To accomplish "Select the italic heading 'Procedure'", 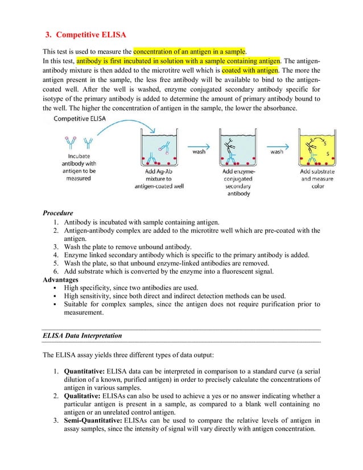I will pos(57,213).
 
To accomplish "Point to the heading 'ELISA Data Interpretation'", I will pos(82,336).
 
